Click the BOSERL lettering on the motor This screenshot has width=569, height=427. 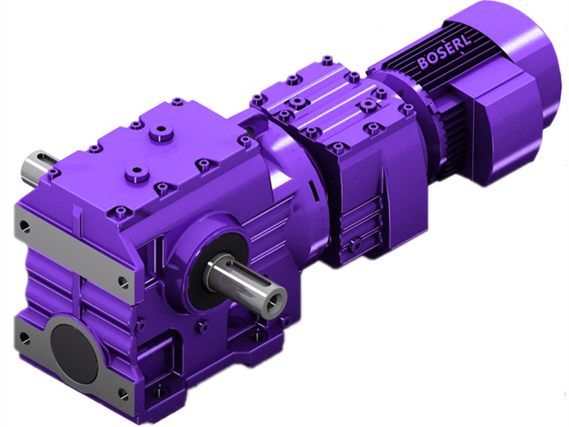[x=442, y=56]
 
